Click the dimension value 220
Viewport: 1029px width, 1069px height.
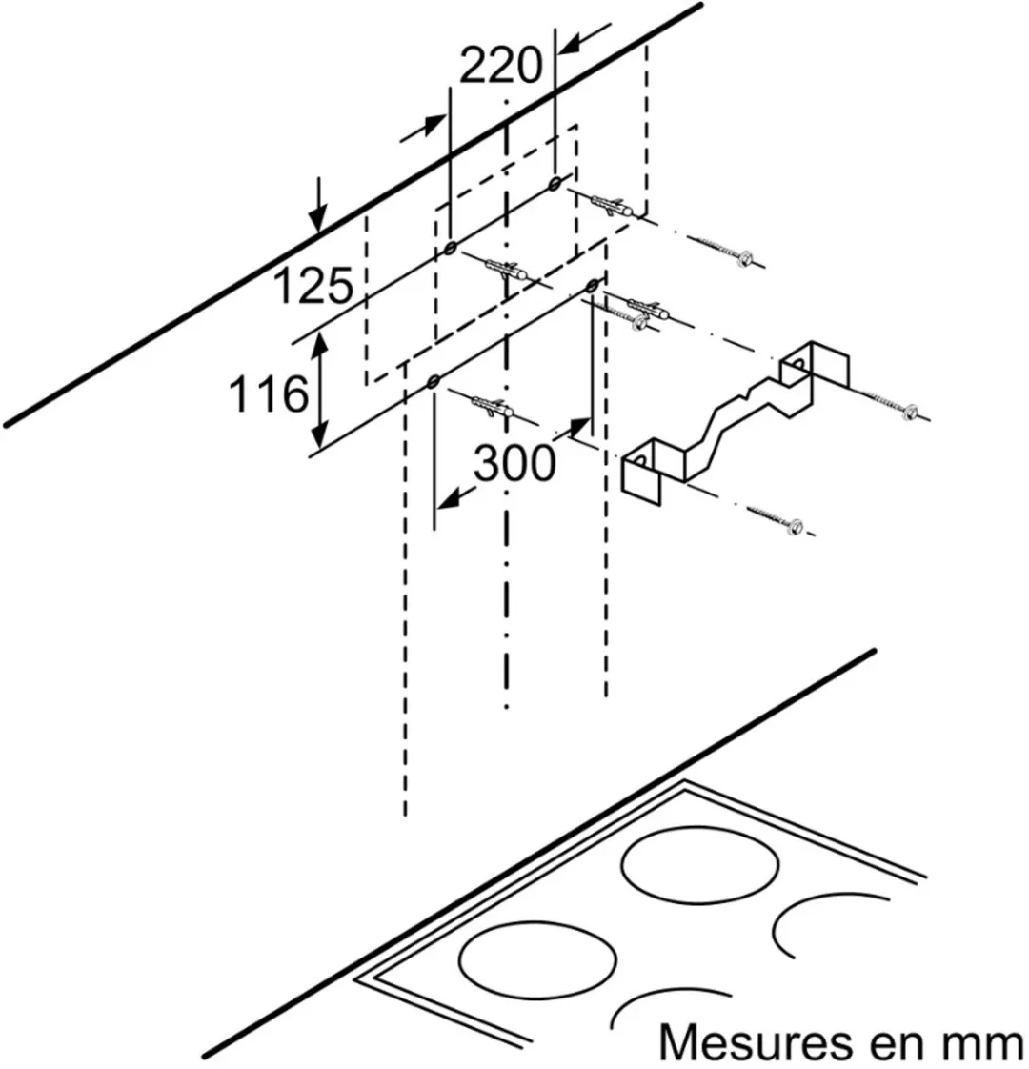500,66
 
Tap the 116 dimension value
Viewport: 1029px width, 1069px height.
268,394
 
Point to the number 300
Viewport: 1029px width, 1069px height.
514,464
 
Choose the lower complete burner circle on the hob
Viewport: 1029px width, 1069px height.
537,960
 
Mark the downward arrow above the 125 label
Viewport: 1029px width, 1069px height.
317,205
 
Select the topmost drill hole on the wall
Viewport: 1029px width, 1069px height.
555,182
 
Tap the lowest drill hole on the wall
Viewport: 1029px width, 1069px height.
433,382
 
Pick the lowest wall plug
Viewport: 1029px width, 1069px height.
491,407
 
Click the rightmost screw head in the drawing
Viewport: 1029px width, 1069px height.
910,412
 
